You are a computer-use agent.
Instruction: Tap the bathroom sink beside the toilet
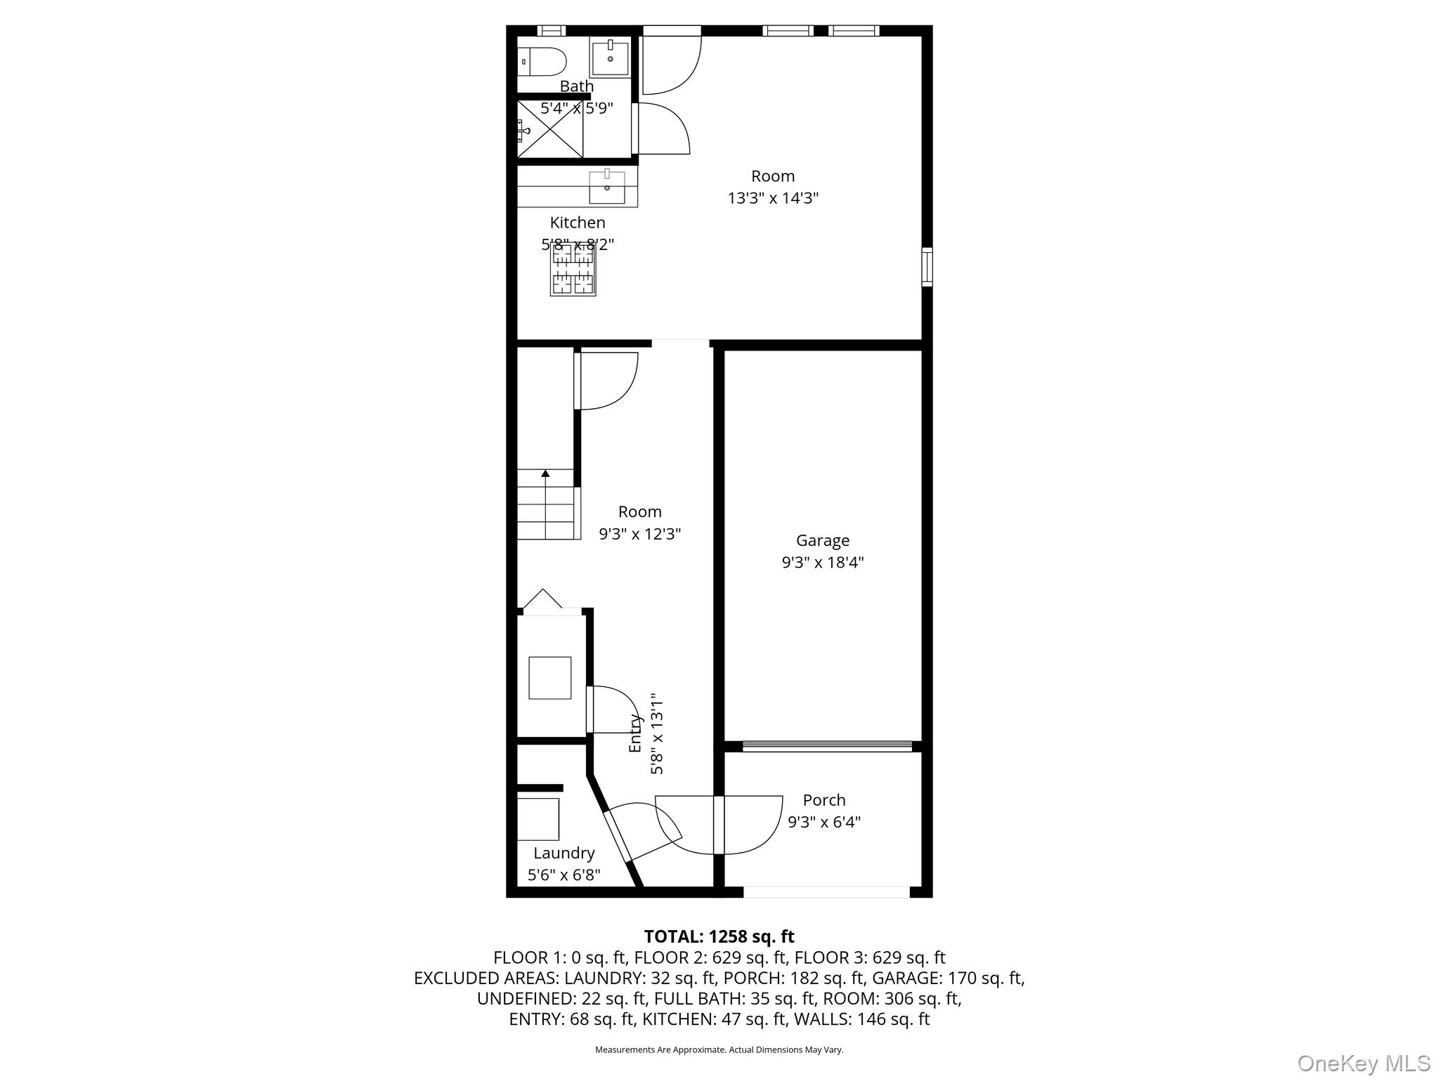609,58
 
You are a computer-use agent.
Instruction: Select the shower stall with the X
550,129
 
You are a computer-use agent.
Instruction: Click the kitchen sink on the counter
606,187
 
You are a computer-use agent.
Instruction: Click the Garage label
822,540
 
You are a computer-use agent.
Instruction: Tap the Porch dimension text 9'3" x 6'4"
823,822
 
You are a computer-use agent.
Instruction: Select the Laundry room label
564,853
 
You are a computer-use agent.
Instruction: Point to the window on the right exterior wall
927,267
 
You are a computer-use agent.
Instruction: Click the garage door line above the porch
827,747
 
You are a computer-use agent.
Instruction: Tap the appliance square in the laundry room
538,818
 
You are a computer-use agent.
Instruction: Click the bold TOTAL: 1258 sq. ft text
719,936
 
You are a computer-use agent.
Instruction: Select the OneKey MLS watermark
1363,1063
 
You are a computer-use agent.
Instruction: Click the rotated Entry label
635,733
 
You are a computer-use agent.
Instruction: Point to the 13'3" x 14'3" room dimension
773,198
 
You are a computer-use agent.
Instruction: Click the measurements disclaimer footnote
719,1049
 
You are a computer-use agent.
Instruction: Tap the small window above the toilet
552,30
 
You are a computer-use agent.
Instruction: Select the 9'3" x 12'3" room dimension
639,534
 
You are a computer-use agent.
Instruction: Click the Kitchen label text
577,223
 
